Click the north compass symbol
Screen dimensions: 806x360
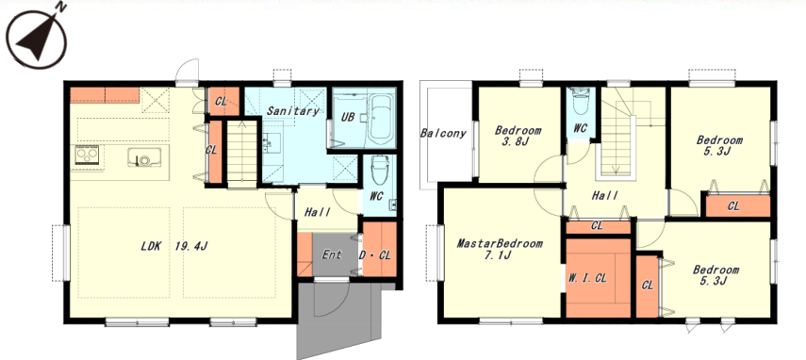(37, 37)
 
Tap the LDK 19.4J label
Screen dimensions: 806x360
(174, 247)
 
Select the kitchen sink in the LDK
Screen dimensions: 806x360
(144, 156)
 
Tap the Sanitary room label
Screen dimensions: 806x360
(293, 110)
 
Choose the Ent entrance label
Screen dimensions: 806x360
(332, 254)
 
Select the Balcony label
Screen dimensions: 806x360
(443, 134)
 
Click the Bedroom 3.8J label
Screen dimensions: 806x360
(518, 136)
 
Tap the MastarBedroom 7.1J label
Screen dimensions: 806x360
(500, 249)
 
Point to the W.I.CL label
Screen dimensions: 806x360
(588, 278)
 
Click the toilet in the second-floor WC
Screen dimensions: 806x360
(581, 103)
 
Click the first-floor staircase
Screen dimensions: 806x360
(241, 153)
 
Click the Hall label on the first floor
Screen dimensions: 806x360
(318, 212)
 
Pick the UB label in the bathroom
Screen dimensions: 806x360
(348, 117)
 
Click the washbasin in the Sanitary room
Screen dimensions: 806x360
(272, 142)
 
